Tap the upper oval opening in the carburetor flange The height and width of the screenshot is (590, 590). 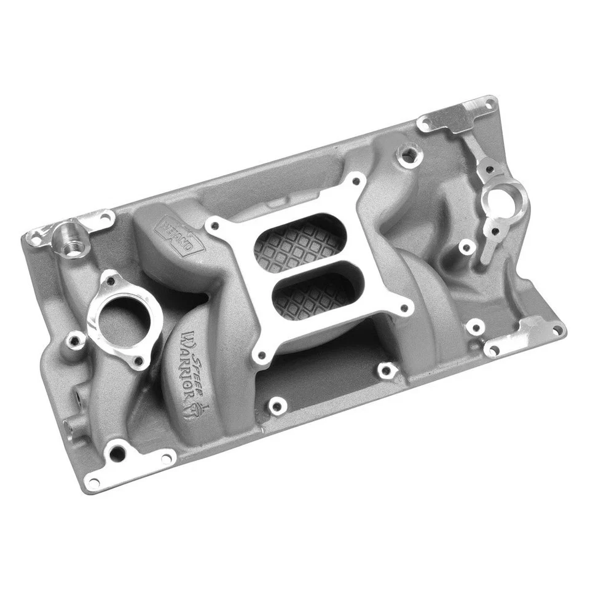299,243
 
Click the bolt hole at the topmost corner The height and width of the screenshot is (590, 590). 489,104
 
